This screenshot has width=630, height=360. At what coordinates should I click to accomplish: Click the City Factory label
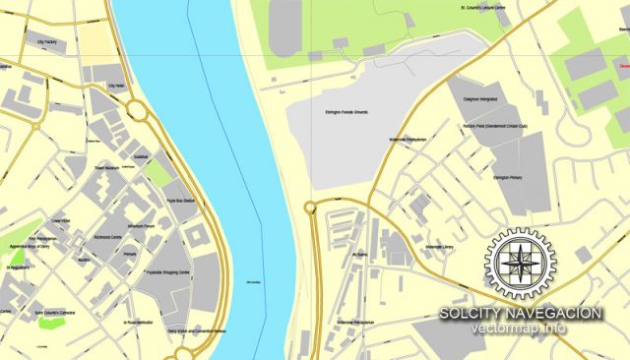point(45,43)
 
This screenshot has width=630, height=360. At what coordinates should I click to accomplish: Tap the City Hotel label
point(116,87)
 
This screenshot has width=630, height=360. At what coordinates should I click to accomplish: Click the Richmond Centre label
point(108,239)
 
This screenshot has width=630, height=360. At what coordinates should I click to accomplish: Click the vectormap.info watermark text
point(518,329)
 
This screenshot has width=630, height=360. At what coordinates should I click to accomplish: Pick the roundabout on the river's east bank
point(310,207)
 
